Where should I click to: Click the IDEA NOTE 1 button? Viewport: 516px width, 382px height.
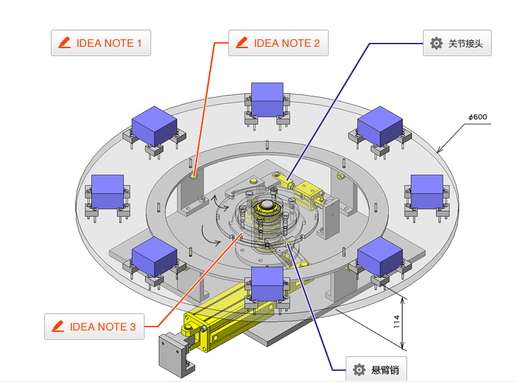tap(101, 43)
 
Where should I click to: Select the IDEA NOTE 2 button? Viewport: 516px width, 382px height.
tap(278, 43)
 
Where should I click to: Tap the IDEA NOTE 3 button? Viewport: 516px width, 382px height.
tap(94, 327)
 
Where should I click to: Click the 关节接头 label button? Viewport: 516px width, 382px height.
tap(457, 44)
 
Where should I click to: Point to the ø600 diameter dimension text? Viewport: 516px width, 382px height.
tap(478, 117)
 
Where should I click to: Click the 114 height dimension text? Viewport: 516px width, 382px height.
tap(397, 322)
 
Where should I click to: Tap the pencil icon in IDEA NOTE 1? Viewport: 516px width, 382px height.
tap(64, 43)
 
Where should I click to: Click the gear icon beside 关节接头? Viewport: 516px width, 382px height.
tap(436, 44)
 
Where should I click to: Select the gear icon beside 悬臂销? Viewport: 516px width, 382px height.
tap(359, 369)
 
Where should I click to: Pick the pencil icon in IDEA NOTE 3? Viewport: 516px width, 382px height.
tap(57, 327)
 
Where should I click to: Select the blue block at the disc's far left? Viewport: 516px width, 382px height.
tap(108, 191)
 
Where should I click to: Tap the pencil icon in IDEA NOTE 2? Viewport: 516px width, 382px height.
tap(242, 43)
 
